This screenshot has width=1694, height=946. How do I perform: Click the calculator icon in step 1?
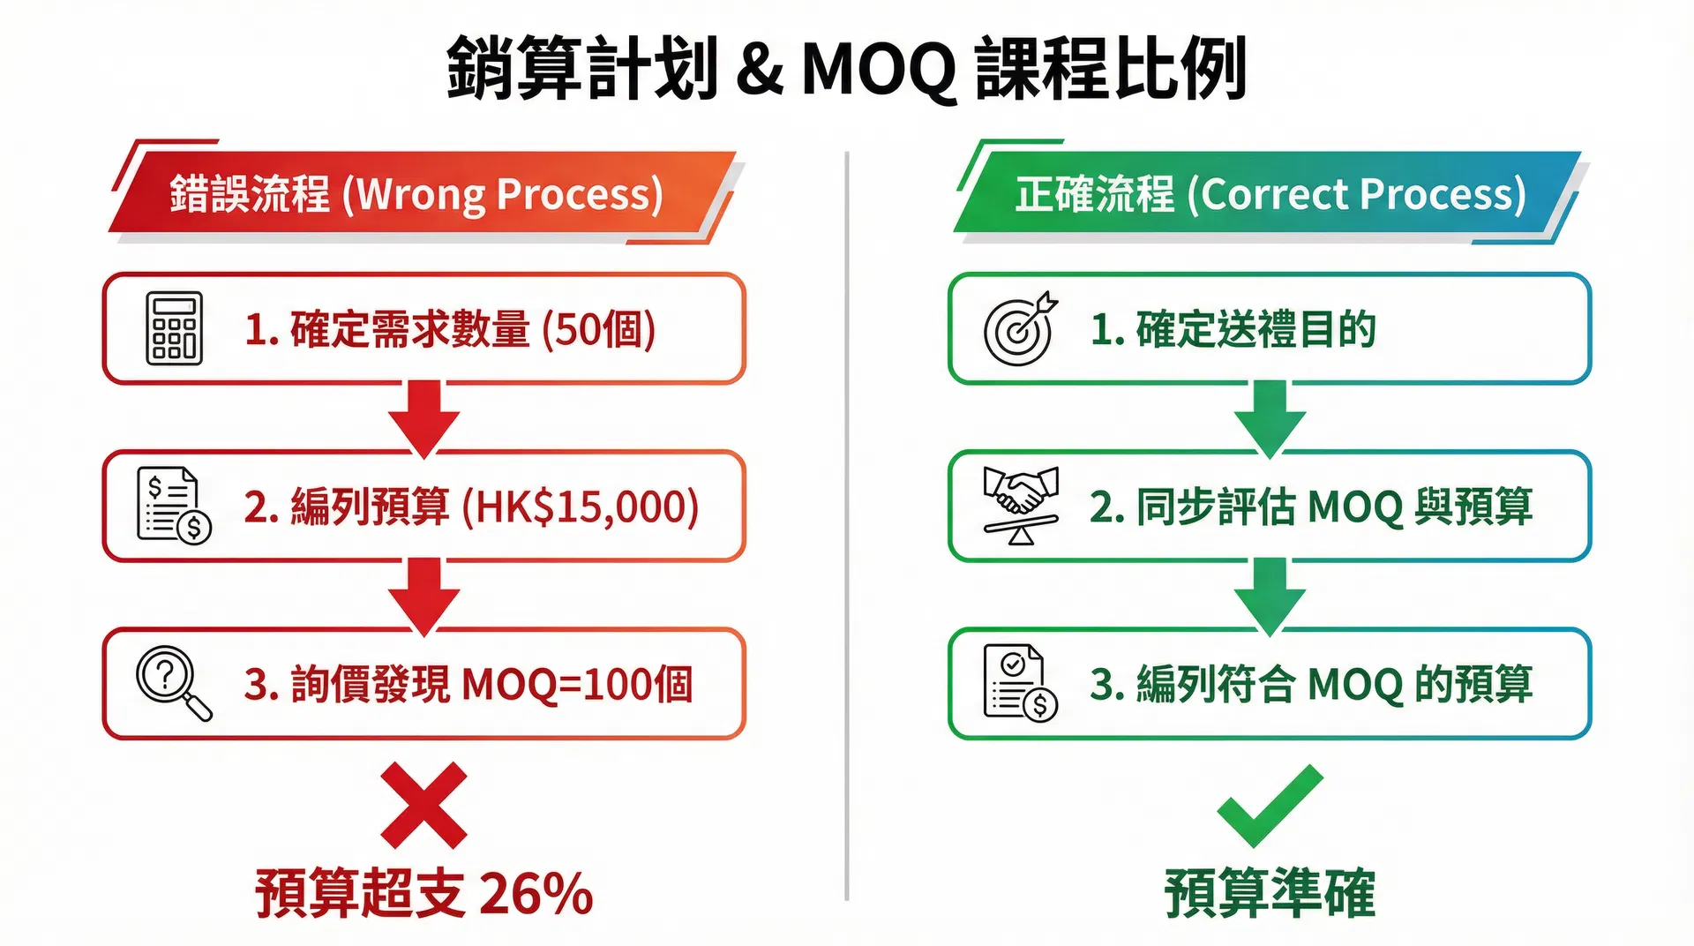point(174,328)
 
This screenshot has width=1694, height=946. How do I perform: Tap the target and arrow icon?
point(1020,328)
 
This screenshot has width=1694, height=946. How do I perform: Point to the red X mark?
point(423,805)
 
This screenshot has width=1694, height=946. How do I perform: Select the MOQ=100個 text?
point(577,685)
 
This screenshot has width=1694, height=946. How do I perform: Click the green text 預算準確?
point(1270,893)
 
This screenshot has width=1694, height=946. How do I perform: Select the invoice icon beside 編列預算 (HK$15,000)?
point(174,506)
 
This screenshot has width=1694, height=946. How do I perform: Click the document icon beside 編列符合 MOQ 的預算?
point(1020,683)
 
